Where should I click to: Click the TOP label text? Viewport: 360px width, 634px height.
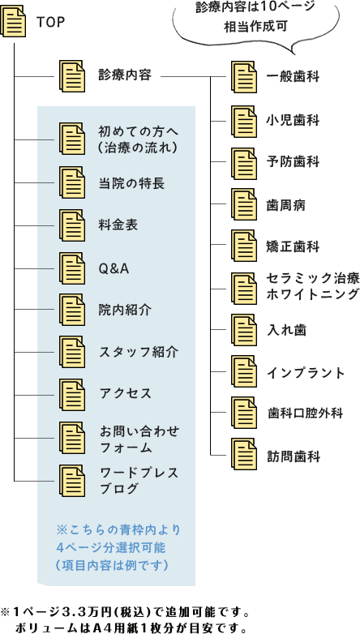[50, 22]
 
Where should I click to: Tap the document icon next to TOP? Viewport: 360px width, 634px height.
[12, 21]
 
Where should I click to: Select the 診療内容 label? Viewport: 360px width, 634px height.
[125, 75]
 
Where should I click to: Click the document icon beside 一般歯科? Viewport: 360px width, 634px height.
[244, 76]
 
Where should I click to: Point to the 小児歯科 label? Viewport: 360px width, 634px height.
[294, 120]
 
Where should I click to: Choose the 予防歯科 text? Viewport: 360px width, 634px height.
[294, 161]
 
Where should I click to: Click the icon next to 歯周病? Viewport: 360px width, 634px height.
[244, 204]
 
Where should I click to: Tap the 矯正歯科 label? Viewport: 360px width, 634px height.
[294, 246]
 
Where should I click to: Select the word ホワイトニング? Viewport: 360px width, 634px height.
[313, 293]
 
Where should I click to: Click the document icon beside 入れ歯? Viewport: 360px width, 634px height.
[244, 329]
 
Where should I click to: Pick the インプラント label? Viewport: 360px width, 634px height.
[306, 372]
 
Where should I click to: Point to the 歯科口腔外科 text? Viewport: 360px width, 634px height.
[305, 413]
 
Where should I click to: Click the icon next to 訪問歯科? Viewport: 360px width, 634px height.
[244, 454]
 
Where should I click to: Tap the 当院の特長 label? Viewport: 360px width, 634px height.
[131, 183]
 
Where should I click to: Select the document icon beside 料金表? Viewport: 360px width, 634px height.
[72, 225]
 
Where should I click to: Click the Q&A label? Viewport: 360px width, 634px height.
[114, 268]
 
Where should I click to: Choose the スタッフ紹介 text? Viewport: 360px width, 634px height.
[139, 351]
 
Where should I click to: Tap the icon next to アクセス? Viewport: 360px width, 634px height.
[72, 395]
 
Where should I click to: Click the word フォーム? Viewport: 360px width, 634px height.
[126, 448]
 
